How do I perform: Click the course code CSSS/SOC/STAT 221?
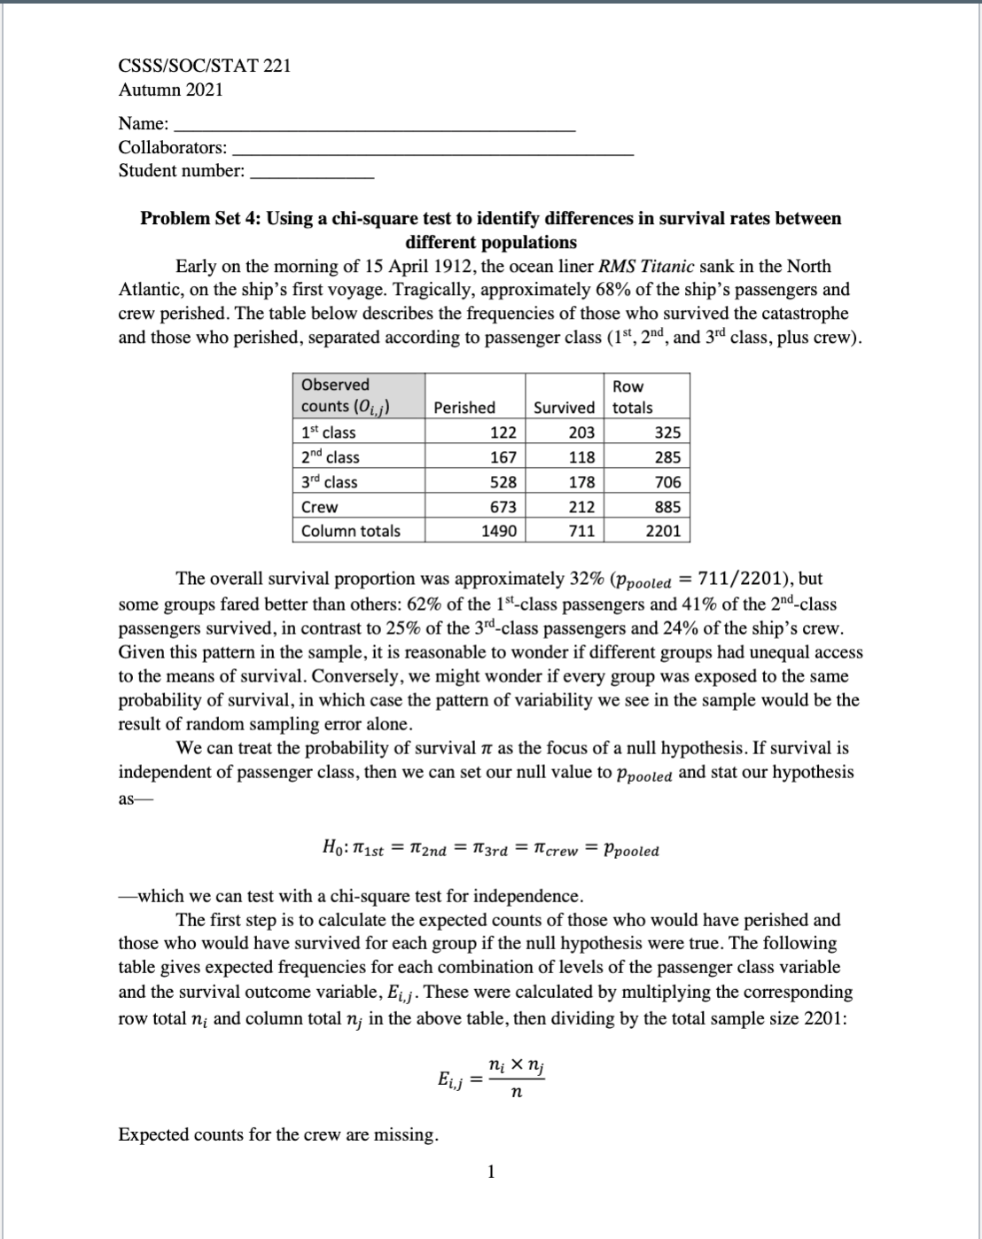click(x=205, y=66)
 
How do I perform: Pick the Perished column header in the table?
click(x=464, y=408)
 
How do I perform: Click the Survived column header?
click(x=564, y=408)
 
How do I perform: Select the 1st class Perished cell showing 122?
click(x=503, y=432)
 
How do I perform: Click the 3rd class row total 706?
click(x=666, y=482)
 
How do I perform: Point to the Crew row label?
click(x=320, y=507)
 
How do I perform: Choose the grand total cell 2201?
click(x=663, y=531)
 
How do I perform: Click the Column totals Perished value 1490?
click(x=499, y=531)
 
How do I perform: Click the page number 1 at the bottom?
click(x=491, y=1173)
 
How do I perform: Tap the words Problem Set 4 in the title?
click(x=199, y=219)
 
